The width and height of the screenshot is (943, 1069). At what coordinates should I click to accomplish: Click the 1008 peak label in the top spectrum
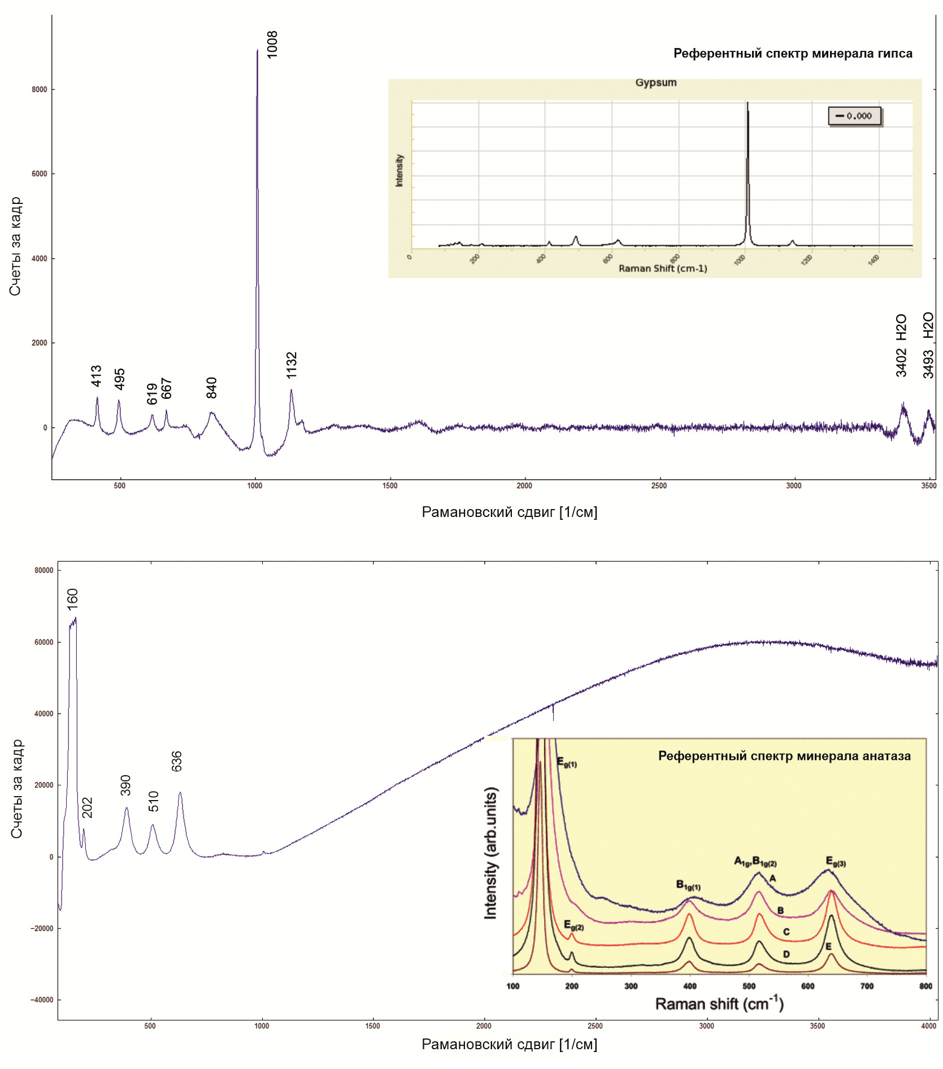tap(272, 45)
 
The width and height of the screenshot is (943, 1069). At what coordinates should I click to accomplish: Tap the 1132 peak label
tap(291, 365)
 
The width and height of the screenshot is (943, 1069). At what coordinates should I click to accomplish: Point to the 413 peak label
tap(96, 376)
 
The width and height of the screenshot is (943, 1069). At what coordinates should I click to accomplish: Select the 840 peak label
tap(211, 388)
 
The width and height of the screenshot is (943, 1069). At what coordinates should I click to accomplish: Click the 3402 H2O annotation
tap(901, 345)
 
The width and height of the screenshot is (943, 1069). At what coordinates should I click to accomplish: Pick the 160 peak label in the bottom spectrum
tap(72, 599)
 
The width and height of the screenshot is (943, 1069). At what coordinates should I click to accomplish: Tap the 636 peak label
tap(176, 761)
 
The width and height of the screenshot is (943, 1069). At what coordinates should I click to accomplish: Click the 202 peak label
tap(87, 807)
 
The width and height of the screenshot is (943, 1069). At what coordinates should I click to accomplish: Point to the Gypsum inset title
tap(655, 82)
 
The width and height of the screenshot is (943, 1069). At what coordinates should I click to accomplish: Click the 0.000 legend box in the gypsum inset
tap(854, 116)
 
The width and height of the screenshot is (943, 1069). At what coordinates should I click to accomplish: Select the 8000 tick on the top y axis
tap(40, 89)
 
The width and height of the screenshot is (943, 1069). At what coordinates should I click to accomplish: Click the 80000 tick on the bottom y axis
tap(44, 570)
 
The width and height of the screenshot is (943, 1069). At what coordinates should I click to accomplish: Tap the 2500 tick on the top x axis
tap(659, 485)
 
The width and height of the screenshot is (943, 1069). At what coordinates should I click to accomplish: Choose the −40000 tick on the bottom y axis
tap(42, 1000)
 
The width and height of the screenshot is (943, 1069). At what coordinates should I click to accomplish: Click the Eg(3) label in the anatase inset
tap(836, 861)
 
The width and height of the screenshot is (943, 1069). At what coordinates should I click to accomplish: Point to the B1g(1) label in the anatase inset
tap(688, 885)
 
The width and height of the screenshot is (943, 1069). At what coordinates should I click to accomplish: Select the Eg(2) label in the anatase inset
tap(573, 925)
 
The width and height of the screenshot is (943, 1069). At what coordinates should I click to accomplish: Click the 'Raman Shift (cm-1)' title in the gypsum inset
tap(663, 268)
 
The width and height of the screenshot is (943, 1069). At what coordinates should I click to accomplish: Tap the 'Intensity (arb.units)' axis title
tap(490, 853)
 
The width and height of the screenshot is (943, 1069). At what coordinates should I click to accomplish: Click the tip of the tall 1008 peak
tap(257, 50)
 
